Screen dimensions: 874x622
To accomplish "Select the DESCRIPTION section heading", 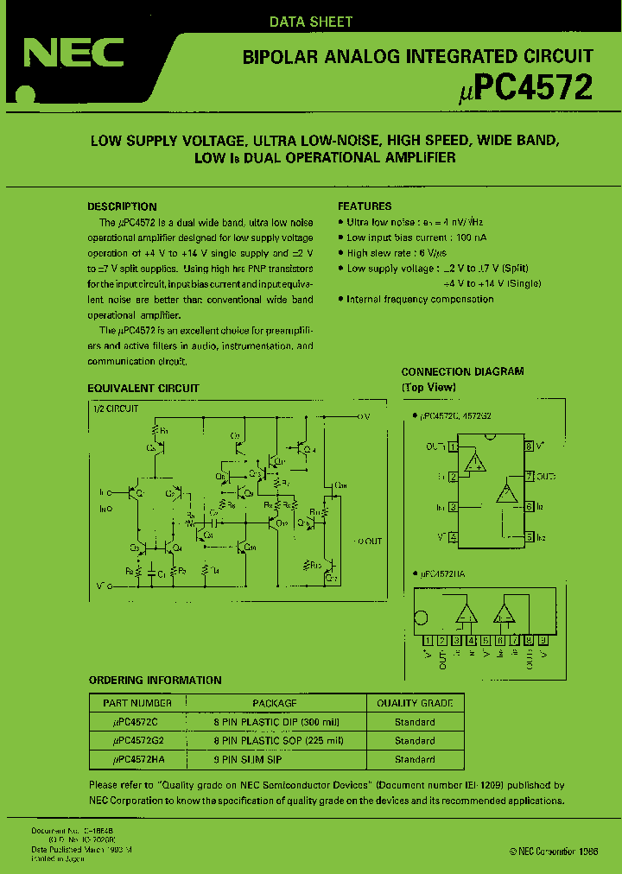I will point(122,206).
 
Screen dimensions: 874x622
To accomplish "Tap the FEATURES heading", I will point(364,206).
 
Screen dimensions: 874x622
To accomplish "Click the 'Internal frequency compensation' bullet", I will point(419,299).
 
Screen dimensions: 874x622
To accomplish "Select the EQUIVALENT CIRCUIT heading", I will point(143,389).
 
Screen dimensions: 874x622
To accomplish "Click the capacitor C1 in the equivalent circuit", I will point(152,571).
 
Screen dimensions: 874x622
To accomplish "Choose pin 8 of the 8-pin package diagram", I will point(528,446).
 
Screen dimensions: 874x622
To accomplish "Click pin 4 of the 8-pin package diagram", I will point(454,537).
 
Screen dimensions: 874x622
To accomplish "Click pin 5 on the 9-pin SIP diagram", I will point(486,640).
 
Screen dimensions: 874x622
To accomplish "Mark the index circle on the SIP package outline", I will point(421,618).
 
